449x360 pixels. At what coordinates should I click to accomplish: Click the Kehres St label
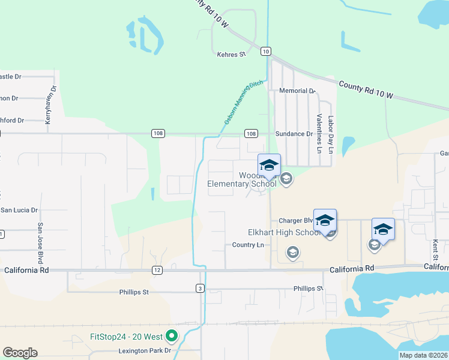pos(232,55)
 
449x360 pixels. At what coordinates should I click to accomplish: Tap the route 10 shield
pos(265,52)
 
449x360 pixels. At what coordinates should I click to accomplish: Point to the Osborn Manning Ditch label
pos(244,103)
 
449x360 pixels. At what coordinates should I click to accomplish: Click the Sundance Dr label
pos(294,134)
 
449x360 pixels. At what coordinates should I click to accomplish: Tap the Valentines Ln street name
pos(319,133)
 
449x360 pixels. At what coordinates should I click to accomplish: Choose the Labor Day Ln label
pos(330,133)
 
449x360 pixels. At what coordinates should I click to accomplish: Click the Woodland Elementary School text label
pos(241,179)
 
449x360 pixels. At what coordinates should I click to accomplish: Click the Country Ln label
pos(248,245)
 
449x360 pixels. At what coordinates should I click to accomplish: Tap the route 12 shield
pos(157,271)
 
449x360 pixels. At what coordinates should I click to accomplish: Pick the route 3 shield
pos(200,289)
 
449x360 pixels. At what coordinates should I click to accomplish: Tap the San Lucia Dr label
pos(19,211)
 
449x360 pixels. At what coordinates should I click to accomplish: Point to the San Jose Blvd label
pos(41,243)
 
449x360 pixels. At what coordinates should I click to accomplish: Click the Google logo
pos(20,353)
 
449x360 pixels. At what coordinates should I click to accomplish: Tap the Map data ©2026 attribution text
pos(423,355)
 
